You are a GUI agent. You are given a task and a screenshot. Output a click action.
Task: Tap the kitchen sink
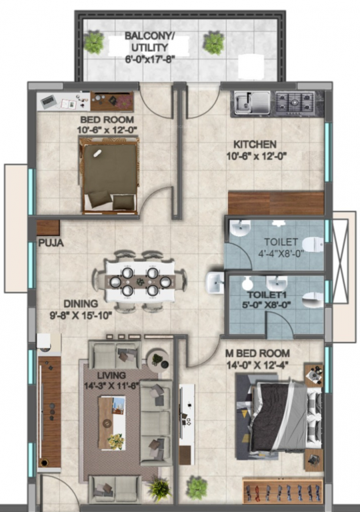pos(252,102)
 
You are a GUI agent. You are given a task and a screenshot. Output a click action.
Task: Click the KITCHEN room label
pos(254,144)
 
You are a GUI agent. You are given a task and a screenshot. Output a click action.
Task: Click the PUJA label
pos(51,243)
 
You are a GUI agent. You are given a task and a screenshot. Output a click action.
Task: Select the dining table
pos(139,281)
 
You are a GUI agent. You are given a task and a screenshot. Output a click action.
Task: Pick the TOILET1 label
pos(265,293)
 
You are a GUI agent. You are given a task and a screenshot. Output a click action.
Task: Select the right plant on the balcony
pos(213,43)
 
